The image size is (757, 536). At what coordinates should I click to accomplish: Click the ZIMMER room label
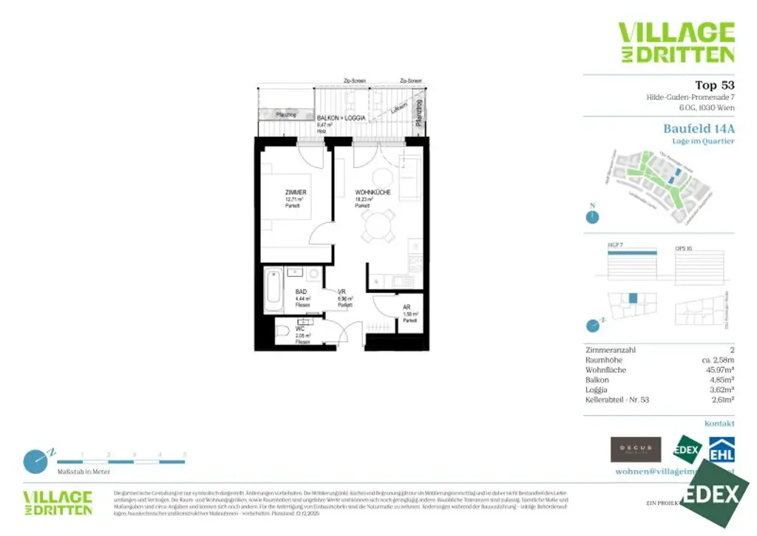(x=296, y=192)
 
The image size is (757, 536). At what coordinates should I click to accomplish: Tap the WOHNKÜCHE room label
(x=367, y=192)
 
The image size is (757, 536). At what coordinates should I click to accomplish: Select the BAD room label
(x=301, y=292)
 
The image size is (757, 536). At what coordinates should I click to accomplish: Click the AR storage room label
(x=407, y=306)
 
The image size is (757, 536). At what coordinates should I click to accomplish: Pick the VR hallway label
(x=342, y=292)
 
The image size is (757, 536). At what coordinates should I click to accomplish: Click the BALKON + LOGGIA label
(x=341, y=118)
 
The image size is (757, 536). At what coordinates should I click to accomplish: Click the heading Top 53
(x=714, y=85)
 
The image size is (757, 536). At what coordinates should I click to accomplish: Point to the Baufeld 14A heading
(x=699, y=128)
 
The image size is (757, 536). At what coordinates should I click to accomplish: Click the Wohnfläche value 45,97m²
(x=718, y=369)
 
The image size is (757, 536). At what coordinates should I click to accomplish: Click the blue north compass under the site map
(x=591, y=217)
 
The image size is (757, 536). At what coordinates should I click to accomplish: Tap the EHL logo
(x=721, y=449)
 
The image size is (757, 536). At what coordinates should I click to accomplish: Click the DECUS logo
(x=636, y=449)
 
